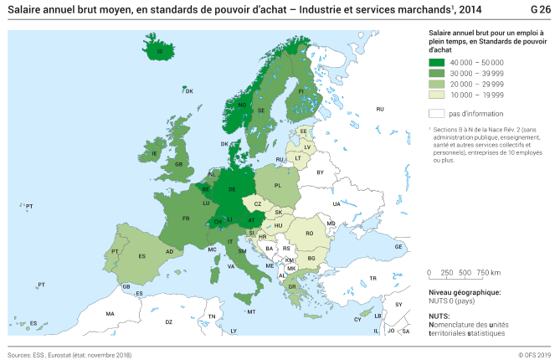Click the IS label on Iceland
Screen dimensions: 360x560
[x=159, y=52]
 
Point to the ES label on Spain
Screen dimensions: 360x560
[x=142, y=255]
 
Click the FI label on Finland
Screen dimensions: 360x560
[x=301, y=90]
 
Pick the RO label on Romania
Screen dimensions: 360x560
[x=309, y=233]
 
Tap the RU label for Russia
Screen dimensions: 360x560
[x=379, y=109]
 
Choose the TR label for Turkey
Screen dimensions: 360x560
[x=373, y=277]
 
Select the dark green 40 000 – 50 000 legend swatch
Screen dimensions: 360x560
[x=436, y=63]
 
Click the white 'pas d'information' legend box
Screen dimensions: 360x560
[x=436, y=113]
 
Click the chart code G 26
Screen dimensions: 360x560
[x=541, y=9]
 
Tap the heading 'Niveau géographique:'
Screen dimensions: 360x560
[x=464, y=292]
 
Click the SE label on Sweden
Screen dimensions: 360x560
[x=261, y=111]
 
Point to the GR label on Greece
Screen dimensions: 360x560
[x=291, y=286]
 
